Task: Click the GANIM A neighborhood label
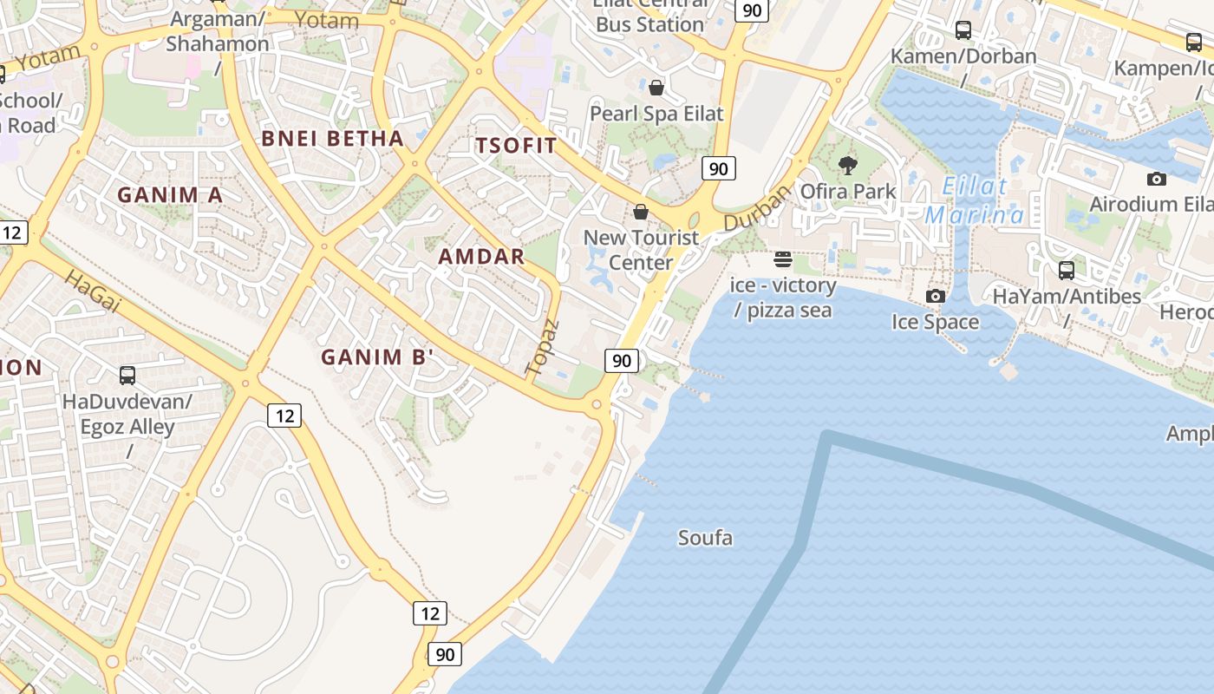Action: coord(170,195)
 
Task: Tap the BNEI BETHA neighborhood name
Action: coord(333,139)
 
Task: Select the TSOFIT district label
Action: coord(516,146)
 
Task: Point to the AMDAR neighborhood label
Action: coord(481,257)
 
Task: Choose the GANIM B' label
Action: coord(376,357)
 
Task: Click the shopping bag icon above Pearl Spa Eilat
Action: coord(656,88)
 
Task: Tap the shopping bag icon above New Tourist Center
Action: coord(641,212)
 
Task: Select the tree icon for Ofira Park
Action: coord(848,165)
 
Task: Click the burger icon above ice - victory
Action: coord(783,259)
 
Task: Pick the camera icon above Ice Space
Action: coord(935,297)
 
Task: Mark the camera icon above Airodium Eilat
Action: coord(1156,180)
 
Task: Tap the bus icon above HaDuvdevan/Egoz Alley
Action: coord(127,376)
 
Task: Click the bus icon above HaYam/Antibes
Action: coord(1067,271)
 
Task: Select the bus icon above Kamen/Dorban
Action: coord(963,30)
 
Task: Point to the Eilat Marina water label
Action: coord(975,200)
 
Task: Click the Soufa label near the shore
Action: coord(705,538)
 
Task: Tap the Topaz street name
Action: coord(543,348)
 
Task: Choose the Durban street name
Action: coord(745,209)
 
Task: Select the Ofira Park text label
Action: coord(848,191)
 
